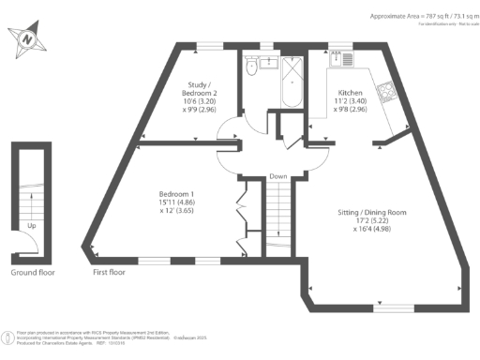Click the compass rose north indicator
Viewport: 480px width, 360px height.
(27, 39)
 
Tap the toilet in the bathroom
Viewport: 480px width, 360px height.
(250, 68)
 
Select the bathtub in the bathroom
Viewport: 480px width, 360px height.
(290, 83)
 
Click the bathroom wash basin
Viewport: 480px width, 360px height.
(266, 63)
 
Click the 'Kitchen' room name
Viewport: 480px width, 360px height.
(352, 94)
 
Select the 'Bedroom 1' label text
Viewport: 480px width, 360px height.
(175, 193)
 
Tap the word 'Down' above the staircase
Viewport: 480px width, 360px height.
(277, 177)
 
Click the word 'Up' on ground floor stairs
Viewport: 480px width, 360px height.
(33, 225)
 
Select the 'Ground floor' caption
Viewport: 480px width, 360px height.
(33, 273)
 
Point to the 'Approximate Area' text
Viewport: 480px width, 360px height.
(397, 16)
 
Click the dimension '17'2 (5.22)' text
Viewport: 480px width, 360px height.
(372, 221)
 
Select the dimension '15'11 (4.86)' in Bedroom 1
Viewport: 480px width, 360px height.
(175, 202)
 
